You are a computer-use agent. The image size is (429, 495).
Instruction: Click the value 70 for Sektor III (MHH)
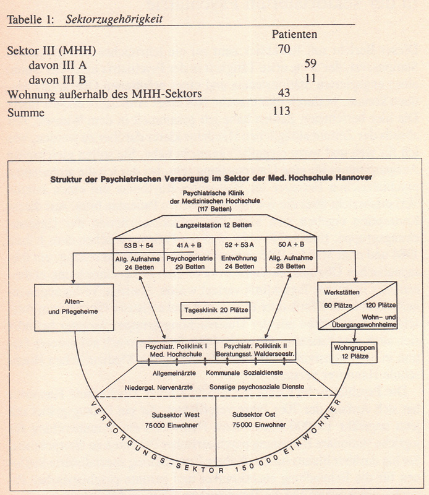pyautogui.click(x=284, y=49)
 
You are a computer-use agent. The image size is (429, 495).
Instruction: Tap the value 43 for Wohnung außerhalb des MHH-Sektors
pyautogui.click(x=284, y=93)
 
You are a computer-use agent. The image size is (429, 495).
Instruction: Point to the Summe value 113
pyautogui.click(x=281, y=111)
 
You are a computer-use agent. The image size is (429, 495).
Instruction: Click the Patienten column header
pyautogui.click(x=294, y=34)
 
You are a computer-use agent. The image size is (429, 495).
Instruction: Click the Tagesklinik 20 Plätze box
pyautogui.click(x=216, y=310)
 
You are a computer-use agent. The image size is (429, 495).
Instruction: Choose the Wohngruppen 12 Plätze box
pyautogui.click(x=354, y=353)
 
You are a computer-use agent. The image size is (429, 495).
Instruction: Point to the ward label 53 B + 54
pyautogui.click(x=138, y=245)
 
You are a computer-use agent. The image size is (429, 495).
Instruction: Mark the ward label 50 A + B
pyautogui.click(x=291, y=245)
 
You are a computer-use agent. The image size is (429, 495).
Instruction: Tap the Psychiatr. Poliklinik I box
pyautogui.click(x=176, y=351)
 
